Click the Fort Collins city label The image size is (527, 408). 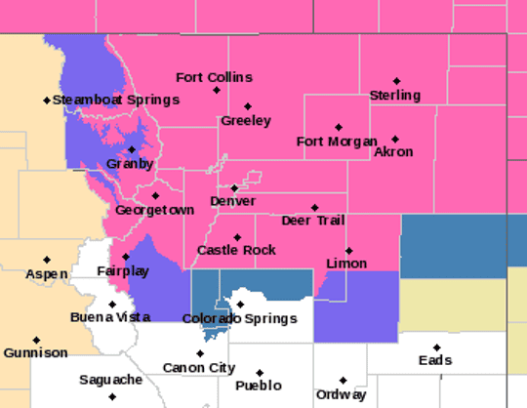tap(214, 77)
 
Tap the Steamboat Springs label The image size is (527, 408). tap(116, 100)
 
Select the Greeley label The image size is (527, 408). tap(245, 121)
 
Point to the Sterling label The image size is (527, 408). tap(395, 96)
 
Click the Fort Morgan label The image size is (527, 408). tap(337, 142)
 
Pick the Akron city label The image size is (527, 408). tap(393, 152)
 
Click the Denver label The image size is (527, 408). tap(232, 201)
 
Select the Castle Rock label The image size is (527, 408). tap(236, 251)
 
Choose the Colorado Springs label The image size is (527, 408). tap(239, 319)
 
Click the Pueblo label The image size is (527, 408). tap(260, 387)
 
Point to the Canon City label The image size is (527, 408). tap(199, 368)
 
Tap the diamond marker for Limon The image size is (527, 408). tap(348, 251)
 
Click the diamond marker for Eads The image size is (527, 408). tap(436, 347)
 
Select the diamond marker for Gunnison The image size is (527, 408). tap(35, 340)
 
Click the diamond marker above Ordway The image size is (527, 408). tap(343, 381)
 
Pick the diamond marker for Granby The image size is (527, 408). tap(132, 149)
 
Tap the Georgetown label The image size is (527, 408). tap(151, 210)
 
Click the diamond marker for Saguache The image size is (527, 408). tap(112, 396)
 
